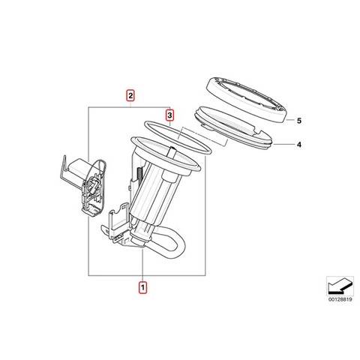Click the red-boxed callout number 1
click(x=142, y=287)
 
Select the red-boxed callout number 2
click(x=130, y=95)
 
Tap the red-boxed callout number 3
click(x=169, y=115)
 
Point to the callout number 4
click(x=299, y=145)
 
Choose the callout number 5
click(x=299, y=121)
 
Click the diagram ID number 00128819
click(x=340, y=299)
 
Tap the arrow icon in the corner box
click(x=339, y=286)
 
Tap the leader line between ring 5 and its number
click(x=290, y=120)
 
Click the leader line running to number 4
click(x=284, y=144)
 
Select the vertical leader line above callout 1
click(x=142, y=265)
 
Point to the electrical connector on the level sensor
click(x=93, y=186)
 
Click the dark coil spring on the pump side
click(x=139, y=175)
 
